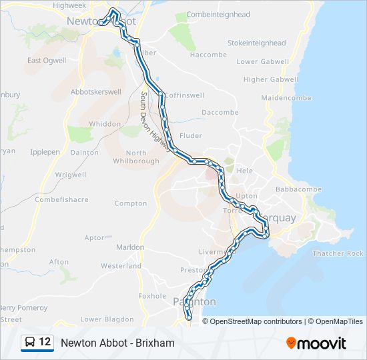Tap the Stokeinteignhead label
point(256,43)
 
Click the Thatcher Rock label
point(338,253)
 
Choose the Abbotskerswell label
point(95,93)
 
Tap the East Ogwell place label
point(47,61)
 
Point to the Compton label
point(131,203)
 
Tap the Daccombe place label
point(220,113)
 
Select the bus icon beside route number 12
point(31,343)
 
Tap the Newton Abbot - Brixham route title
point(117,343)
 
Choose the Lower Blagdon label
point(101,319)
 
